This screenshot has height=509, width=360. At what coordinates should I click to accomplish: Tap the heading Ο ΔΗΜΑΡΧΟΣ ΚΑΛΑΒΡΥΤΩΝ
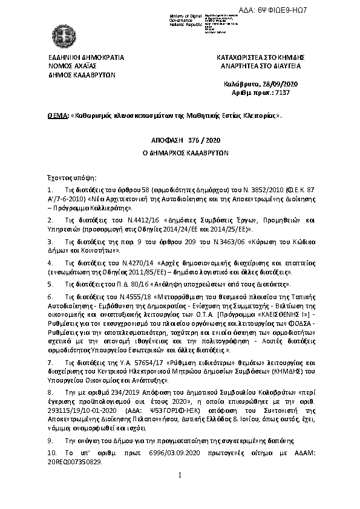click(x=180, y=153)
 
